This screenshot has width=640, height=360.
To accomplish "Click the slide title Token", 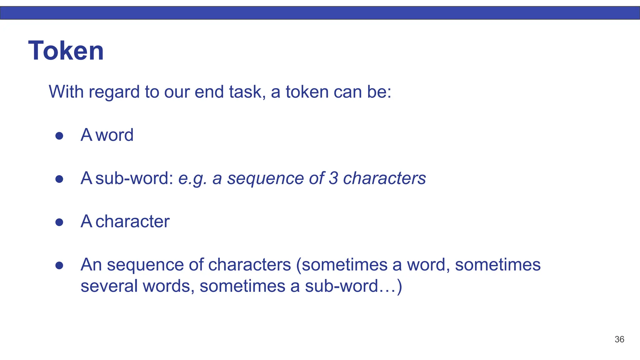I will (x=66, y=51).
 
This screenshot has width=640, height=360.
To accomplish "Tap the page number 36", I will (x=619, y=339).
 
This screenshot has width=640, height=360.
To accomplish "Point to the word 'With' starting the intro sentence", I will (x=66, y=92).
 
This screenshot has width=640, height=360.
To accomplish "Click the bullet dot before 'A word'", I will (x=59, y=136).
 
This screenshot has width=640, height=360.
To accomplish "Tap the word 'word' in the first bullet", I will (x=114, y=135).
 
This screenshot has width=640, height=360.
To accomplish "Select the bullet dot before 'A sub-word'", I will (x=59, y=179).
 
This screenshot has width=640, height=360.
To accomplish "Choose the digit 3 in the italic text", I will (x=333, y=178).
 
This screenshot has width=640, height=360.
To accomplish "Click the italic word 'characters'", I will (x=384, y=178).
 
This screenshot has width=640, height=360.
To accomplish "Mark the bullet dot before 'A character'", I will (x=59, y=222).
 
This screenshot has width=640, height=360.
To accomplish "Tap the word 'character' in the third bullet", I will (x=132, y=222).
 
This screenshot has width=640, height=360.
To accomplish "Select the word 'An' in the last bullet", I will (x=91, y=265).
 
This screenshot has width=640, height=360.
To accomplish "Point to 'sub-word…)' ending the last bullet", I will (x=353, y=286).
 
